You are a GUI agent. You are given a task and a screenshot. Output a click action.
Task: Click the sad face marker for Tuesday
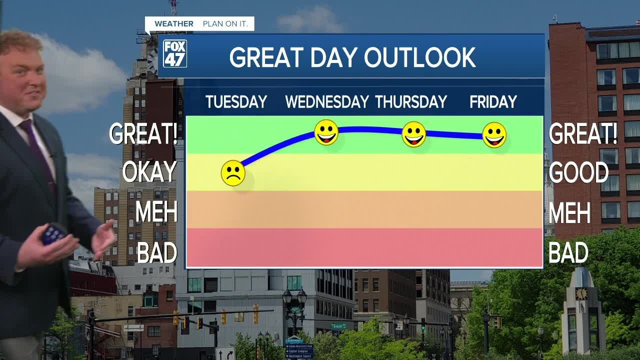233,173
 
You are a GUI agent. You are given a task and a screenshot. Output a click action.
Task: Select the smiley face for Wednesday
326,132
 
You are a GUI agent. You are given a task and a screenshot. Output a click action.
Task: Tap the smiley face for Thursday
414,134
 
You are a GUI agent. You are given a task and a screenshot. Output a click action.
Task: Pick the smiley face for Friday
494,135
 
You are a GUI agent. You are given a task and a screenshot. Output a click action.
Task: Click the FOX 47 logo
175,53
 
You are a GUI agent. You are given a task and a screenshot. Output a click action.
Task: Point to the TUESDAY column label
236,102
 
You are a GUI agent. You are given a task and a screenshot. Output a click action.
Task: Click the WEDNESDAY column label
327,102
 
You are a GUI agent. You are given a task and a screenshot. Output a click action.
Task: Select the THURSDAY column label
411,102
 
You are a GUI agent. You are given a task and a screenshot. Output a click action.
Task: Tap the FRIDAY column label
493,102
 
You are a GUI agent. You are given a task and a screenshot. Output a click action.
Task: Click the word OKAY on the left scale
149,172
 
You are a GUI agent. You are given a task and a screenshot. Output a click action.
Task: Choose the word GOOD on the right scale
578,173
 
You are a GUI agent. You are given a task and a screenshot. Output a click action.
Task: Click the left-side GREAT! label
143,134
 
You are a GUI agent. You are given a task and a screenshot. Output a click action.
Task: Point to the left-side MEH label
156,212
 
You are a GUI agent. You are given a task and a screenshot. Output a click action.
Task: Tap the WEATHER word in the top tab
174,24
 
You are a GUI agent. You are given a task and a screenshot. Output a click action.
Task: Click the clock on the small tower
581,293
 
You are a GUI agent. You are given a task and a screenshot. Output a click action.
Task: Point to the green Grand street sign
338,326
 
